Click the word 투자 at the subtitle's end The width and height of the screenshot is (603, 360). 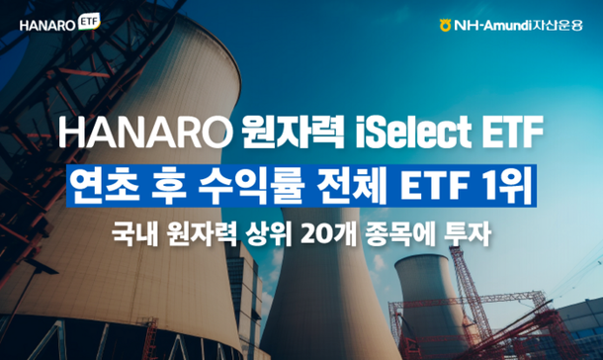click(469, 236)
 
